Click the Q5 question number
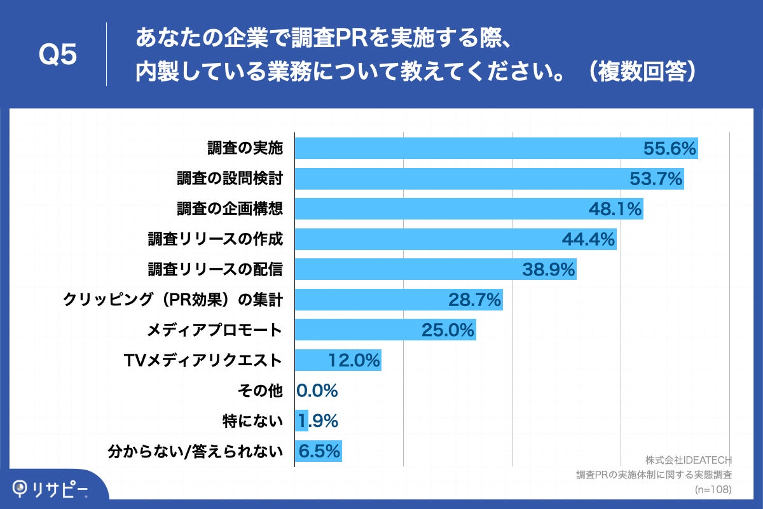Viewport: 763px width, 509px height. pos(58,55)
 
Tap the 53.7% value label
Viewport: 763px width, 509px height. pos(656,179)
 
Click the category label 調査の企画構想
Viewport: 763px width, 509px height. pos(230,209)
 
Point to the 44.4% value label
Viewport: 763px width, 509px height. pos(588,239)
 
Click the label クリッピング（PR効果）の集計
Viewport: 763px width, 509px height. pos(172,300)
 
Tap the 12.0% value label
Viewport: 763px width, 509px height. pos(354,360)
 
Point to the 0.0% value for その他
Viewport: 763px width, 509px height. pos(317,390)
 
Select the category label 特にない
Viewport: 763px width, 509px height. pos(252,421)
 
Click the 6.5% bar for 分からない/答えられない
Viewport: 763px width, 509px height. pos(318,451)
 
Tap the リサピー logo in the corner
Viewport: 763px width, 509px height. pos(51,489)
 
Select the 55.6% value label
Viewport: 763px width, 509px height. pos(670,149)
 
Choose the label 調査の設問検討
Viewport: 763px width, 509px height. pos(230,179)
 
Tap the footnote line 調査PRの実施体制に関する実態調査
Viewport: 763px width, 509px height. pos(654,475)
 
